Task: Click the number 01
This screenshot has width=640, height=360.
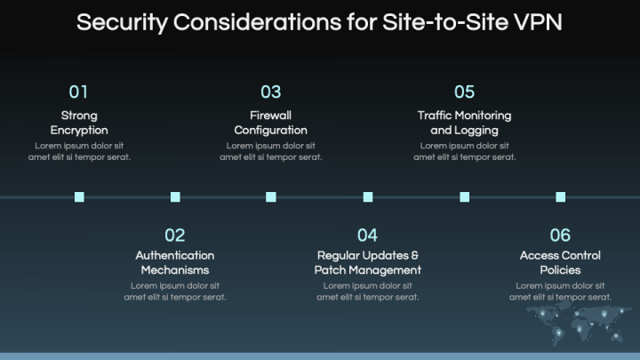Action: (79, 92)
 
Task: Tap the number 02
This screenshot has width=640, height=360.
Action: (175, 236)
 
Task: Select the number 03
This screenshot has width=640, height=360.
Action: (271, 92)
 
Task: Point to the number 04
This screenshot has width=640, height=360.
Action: (368, 236)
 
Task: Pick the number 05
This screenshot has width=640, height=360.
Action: (464, 92)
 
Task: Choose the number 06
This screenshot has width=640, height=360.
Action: (560, 236)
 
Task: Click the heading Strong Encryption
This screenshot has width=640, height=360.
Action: (79, 123)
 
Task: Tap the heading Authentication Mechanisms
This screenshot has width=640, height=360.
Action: (175, 262)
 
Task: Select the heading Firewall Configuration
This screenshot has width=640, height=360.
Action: (271, 123)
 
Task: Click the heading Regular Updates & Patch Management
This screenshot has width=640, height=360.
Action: (368, 262)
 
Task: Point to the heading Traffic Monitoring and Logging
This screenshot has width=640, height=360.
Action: (464, 123)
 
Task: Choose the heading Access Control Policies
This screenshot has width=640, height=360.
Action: (560, 262)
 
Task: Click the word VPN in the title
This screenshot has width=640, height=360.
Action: (539, 22)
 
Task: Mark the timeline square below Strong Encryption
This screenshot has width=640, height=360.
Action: (79, 197)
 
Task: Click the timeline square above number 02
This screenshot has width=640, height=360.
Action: (175, 197)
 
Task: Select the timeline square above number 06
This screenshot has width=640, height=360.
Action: (560, 197)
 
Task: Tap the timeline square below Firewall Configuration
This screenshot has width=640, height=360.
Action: (271, 197)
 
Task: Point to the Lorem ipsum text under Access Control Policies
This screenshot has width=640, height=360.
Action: (560, 292)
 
